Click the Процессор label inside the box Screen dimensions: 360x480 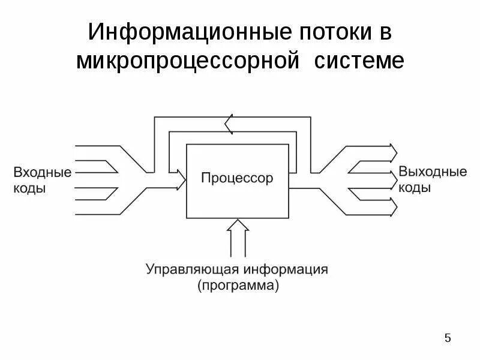coord(237,178)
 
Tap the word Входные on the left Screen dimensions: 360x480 coord(42,173)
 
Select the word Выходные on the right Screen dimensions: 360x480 coord(433,172)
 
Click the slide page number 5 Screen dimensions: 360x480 coord(448,338)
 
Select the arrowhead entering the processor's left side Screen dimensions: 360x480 coord(182,178)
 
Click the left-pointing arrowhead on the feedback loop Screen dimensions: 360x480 coord(229,125)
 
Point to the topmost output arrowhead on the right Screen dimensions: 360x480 coord(393,149)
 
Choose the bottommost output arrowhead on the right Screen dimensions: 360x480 coord(393,207)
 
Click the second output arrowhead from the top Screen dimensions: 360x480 coord(393,169)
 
